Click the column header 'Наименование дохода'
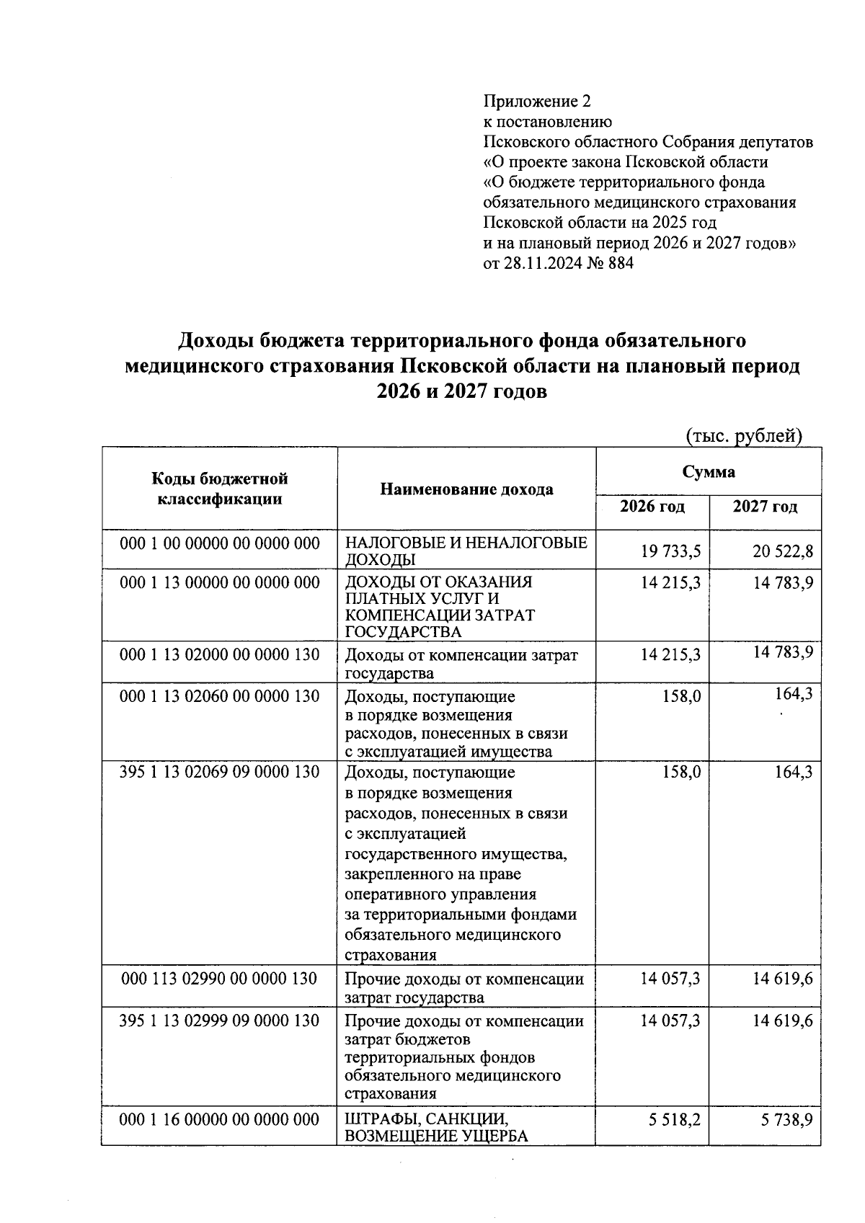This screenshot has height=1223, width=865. pos(466,489)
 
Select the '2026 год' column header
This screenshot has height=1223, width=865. pos(652,507)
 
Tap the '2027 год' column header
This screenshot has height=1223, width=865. pos(765,507)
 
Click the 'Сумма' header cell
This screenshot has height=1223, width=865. pos(709,472)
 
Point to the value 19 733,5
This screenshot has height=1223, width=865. pos(670,551)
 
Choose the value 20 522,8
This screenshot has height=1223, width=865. pos(783,551)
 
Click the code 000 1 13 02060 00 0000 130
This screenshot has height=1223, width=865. pos(220,696)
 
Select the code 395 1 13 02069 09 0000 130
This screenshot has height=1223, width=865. pos(220,772)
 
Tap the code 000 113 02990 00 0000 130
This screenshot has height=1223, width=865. pos(220,978)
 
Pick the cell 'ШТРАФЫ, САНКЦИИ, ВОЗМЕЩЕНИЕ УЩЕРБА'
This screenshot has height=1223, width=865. pos(436,1128)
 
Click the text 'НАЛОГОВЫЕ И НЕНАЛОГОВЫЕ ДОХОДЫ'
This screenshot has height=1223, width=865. pos(466,551)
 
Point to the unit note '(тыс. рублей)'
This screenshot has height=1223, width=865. pos(743,435)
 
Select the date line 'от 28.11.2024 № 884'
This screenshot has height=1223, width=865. pos(558,263)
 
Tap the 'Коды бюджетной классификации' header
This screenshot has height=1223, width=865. pos(220,489)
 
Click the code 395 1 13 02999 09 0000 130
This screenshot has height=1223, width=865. pos(220,1020)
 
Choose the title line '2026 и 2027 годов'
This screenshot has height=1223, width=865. pos(461,393)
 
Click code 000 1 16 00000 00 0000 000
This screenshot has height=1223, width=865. pos(220,1119)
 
